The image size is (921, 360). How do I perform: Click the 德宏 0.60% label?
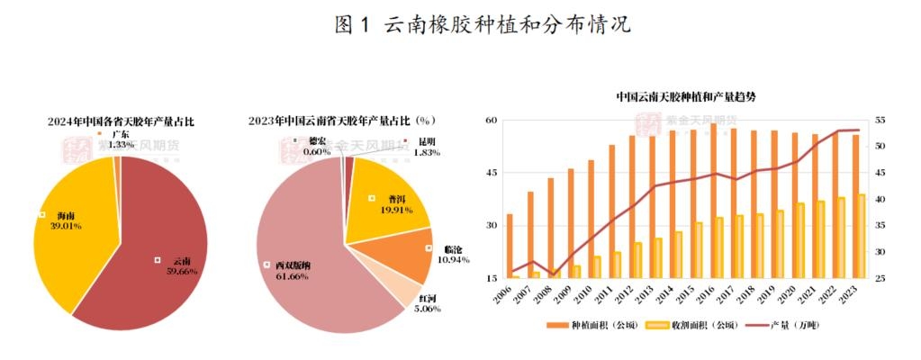tap(316, 147)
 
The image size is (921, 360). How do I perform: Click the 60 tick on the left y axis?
tap(491, 120)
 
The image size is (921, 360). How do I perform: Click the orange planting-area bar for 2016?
tap(714, 202)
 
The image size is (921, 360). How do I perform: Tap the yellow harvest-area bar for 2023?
tap(862, 236)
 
